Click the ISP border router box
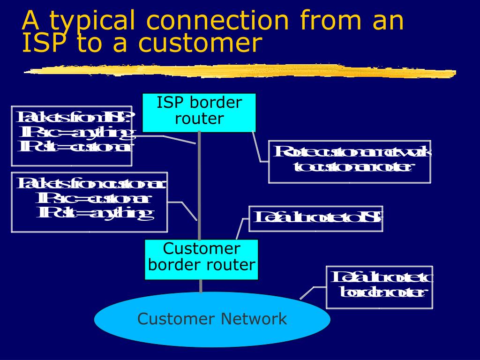[199, 112]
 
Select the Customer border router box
[201, 259]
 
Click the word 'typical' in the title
[92, 21]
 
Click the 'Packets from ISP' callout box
[71, 136]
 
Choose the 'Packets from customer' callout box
[89, 202]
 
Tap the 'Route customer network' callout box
[349, 161]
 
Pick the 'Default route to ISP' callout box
[315, 218]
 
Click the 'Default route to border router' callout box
[379, 287]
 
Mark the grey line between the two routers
[199, 187]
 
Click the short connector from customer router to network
[201, 286]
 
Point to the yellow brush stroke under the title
[239, 71]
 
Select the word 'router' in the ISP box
[199, 119]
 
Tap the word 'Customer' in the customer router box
[201, 248]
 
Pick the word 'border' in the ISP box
[219, 103]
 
